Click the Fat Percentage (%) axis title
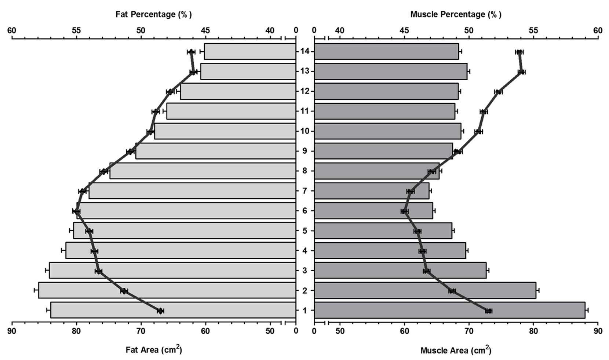[154, 14]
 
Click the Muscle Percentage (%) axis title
[456, 14]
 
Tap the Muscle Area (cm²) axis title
[456, 350]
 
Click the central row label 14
[305, 51]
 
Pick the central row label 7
[305, 191]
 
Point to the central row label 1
[305, 310]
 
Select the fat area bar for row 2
[167, 290]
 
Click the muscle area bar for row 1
[450, 310]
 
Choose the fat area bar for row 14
[250, 51]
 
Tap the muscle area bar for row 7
[372, 191]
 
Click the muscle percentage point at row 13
[521, 72]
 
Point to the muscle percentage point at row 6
[405, 211]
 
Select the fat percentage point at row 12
[170, 92]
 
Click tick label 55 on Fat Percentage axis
[76, 30]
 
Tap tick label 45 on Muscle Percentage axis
[404, 30]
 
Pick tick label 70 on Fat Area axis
[141, 331]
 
